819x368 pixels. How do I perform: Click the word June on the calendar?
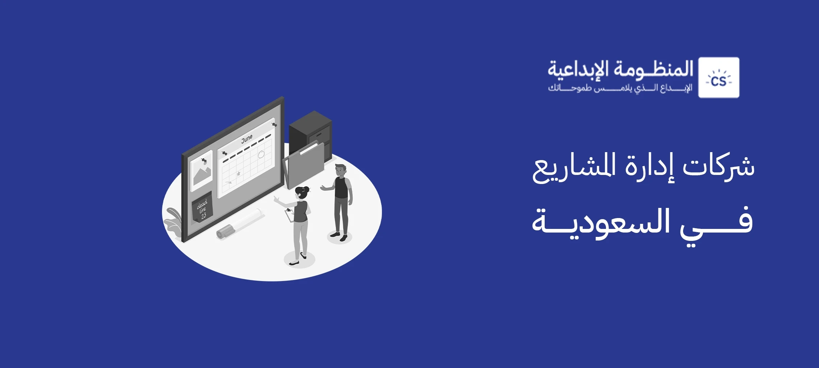tap(247, 139)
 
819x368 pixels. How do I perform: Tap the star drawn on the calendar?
tap(238, 174)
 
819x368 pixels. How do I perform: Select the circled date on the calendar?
tap(261, 154)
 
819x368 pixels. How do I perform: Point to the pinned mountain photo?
tap(201, 170)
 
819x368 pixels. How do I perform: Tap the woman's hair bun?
tap(306, 189)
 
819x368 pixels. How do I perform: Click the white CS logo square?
tap(719, 78)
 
